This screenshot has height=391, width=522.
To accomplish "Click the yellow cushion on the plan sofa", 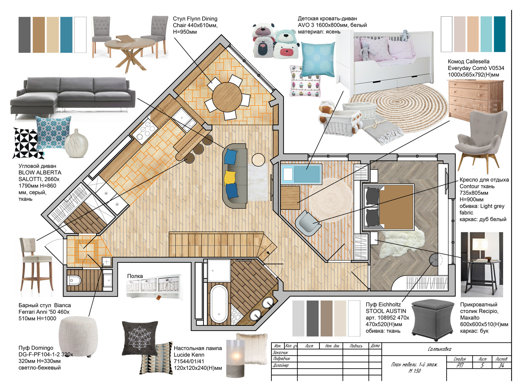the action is (230, 178).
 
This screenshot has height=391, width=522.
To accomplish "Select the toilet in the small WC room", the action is (74, 281).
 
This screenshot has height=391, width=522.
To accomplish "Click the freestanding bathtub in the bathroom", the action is (219, 304).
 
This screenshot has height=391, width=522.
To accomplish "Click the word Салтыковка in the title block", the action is (439, 349).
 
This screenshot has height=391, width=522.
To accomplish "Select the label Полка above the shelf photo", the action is (135, 276).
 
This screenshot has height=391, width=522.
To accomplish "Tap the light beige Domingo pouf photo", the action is (78, 336).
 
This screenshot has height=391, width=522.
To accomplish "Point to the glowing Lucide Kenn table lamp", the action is (236, 358).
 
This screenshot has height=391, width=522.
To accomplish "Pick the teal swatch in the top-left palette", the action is (66, 35).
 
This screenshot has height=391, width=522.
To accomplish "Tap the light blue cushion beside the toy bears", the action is (318, 59).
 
